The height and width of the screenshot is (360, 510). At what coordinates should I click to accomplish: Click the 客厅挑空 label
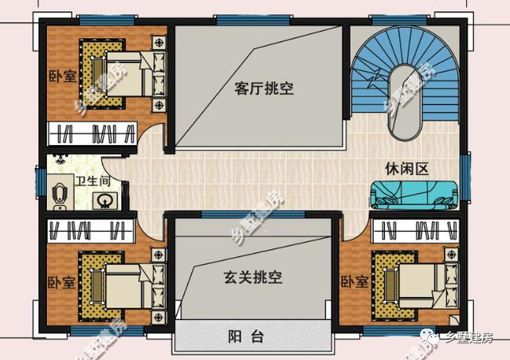point(264,88)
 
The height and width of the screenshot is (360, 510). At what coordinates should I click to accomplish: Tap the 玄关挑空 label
point(253,277)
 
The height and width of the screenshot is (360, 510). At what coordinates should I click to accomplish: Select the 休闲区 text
point(406,169)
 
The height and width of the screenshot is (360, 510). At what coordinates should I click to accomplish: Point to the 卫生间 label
point(93,181)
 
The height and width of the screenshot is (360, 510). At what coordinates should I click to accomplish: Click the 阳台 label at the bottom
point(245,336)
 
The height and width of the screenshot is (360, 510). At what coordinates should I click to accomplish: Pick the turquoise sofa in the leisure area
point(414,195)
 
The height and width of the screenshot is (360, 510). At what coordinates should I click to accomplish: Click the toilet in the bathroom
point(59,194)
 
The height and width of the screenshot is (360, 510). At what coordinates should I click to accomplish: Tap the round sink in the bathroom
point(104,201)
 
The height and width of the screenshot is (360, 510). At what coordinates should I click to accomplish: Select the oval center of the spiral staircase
point(404,103)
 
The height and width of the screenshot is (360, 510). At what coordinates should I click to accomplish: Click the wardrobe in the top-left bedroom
point(92,133)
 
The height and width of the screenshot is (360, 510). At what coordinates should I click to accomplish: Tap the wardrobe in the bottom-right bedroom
point(415,231)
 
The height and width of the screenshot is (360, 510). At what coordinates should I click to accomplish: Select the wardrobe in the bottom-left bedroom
point(91,231)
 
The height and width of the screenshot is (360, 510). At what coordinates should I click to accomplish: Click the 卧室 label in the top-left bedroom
point(62,76)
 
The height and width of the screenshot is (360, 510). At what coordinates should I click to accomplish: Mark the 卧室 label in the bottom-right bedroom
point(355,281)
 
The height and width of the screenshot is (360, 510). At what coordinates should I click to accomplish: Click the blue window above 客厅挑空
point(253,20)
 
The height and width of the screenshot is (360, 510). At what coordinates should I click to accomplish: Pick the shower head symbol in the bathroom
point(59,159)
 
